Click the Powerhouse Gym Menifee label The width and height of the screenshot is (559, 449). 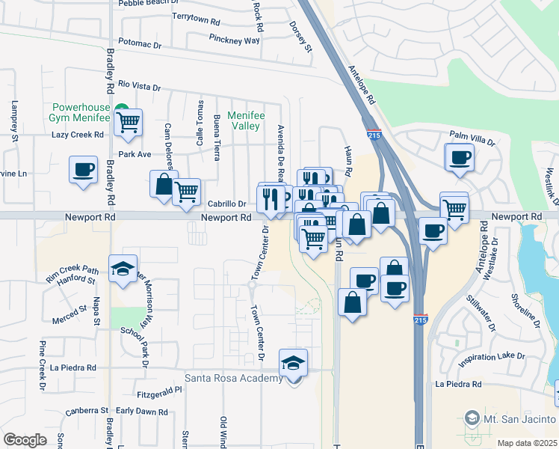[x=79, y=112]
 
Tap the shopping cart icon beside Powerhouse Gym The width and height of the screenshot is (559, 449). [x=129, y=121]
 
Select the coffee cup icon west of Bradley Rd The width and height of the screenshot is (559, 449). [x=83, y=168]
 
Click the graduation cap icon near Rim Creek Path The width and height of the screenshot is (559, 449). [x=123, y=269]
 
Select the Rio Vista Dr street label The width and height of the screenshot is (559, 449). [x=140, y=87]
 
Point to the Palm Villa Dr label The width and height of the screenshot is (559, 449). [x=472, y=135]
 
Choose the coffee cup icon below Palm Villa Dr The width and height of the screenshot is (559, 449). [x=459, y=157]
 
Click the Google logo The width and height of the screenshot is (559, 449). [x=25, y=440]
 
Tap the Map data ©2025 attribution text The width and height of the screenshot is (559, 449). [x=526, y=443]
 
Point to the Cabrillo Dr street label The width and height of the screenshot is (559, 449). [x=227, y=203]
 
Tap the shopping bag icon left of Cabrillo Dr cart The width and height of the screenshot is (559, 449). [x=163, y=184]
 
